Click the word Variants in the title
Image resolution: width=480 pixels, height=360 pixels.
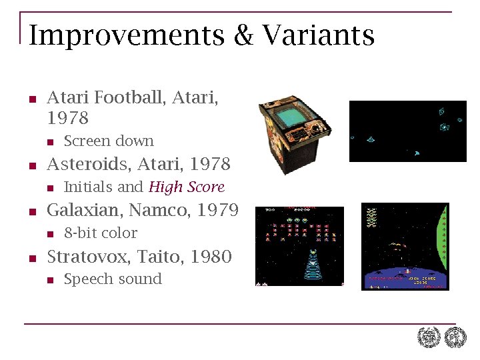pyautogui.click(x=318, y=35)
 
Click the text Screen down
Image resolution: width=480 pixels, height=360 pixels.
pyautogui.click(x=109, y=141)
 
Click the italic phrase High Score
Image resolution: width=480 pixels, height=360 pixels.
pyautogui.click(x=187, y=187)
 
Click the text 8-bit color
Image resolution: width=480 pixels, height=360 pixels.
pyautogui.click(x=101, y=233)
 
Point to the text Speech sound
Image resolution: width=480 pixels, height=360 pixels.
pyautogui.click(x=113, y=279)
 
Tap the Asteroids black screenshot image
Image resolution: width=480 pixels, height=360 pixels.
pyautogui.click(x=408, y=131)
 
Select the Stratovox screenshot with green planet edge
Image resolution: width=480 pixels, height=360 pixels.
pyautogui.click(x=405, y=247)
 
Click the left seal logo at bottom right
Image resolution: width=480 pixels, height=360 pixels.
pyautogui.click(x=429, y=338)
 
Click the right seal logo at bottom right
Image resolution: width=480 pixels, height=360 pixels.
pyautogui.click(x=455, y=338)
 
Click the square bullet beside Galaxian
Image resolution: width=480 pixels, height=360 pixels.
pyautogui.click(x=31, y=213)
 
